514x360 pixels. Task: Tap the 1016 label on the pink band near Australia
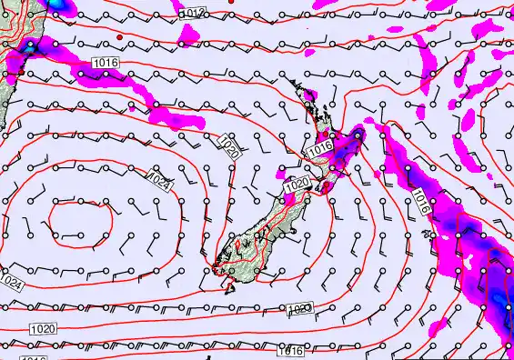(104, 62)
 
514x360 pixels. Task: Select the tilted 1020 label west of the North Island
(230, 145)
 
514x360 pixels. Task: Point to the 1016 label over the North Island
(319, 148)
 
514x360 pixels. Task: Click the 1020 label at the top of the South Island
(297, 185)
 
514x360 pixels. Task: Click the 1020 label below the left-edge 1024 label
(43, 328)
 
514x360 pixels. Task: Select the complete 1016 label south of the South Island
(291, 350)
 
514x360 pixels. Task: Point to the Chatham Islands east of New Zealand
(427, 234)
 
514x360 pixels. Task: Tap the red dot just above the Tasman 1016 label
(120, 37)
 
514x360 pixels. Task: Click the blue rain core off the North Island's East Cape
(358, 135)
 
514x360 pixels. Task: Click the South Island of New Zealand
(259, 232)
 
